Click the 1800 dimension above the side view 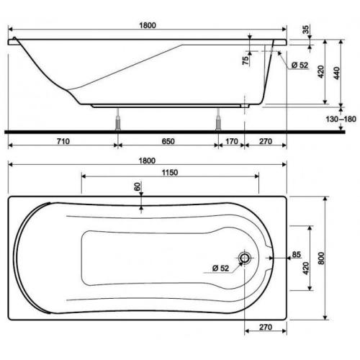tap(148, 25)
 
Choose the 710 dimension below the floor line tap(62, 143)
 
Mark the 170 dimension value tap(230, 143)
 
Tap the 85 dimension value tap(296, 254)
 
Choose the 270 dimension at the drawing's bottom tap(264, 328)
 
